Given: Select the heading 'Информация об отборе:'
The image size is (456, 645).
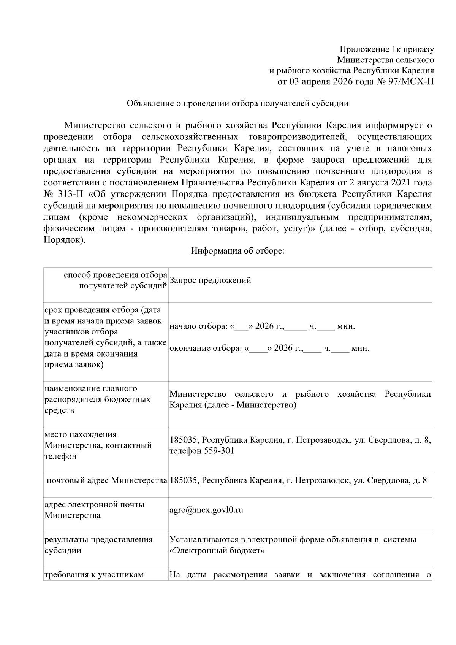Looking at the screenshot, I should pyautogui.click(x=237, y=251).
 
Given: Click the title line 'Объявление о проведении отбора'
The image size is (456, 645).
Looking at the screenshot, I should pyautogui.click(x=237, y=103).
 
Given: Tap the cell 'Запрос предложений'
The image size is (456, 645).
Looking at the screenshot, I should pyautogui.click(x=210, y=281).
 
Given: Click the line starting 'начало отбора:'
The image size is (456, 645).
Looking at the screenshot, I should pyautogui.click(x=262, y=326).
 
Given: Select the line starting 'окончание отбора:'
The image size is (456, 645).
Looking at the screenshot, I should pyautogui.click(x=269, y=348).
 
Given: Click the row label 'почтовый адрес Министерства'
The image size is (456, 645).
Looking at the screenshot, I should pyautogui.click(x=107, y=480).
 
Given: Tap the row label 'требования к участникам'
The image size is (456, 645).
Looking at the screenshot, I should pyautogui.click(x=94, y=574).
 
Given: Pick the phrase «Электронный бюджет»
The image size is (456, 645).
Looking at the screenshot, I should pyautogui.click(x=217, y=550).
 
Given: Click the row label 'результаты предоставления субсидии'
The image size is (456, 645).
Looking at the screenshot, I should pyautogui.click(x=98, y=545).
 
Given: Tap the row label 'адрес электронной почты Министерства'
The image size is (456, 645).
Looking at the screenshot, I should pyautogui.click(x=94, y=510).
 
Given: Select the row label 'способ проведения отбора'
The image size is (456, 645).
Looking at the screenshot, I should pyautogui.click(x=116, y=275).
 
